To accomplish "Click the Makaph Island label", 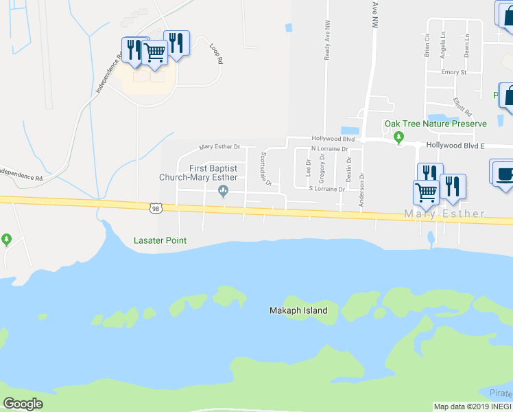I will (297, 311).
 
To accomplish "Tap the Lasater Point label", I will (159, 241).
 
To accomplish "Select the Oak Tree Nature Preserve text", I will (435, 124).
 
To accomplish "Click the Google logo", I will (23, 404).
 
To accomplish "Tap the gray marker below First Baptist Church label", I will (222, 192).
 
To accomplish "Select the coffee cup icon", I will (503, 173).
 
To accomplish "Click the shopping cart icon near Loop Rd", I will (155, 51).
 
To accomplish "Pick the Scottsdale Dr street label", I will (265, 168).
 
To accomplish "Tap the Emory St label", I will (454, 72).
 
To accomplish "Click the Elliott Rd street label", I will (463, 107).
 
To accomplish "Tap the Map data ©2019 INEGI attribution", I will (473, 407).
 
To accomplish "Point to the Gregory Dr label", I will (322, 170).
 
